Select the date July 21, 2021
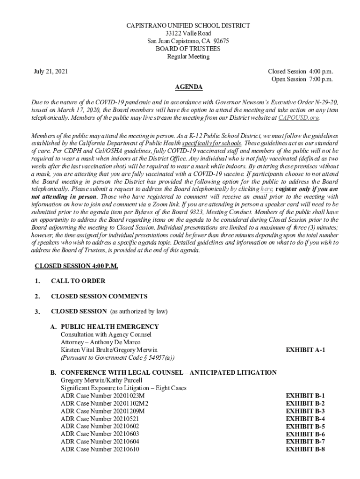pos(50,72)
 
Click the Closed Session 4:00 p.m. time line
pos(300,72)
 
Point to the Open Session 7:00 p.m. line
pos(302,79)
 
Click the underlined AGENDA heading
pos(188,87)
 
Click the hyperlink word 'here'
pos(266,189)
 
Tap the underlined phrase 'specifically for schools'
pos(212,143)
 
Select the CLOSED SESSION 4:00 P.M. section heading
pos(77,266)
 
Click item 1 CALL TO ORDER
pos(78,281)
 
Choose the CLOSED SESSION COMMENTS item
pos(99,296)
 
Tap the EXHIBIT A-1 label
pos(305,350)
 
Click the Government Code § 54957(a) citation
pos(117,357)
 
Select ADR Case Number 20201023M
pos(102,395)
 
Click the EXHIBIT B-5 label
pos(305,426)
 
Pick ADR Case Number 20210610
pos(100,449)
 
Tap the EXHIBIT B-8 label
pos(305,449)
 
